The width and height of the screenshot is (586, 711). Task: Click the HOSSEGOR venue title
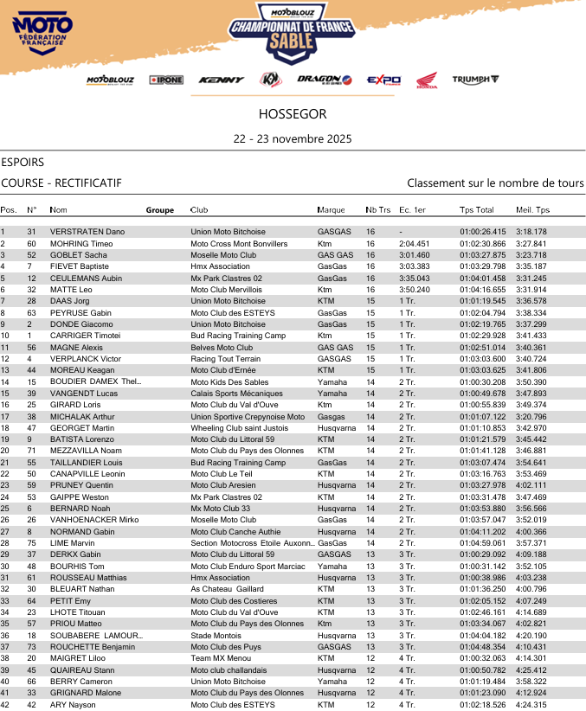click(293, 114)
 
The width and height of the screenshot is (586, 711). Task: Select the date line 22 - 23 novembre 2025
click(293, 138)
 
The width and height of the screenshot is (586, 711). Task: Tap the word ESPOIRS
click(23, 162)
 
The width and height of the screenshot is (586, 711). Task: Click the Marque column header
click(331, 210)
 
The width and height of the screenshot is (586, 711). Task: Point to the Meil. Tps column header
click(532, 210)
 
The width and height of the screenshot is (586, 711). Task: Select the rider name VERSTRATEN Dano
click(87, 232)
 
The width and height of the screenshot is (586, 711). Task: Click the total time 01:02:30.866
click(482, 244)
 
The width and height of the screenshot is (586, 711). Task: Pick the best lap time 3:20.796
click(531, 416)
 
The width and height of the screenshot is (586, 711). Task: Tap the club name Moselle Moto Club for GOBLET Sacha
click(223, 255)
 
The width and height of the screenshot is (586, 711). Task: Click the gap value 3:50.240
click(415, 290)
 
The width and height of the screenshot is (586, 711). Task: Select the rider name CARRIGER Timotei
click(85, 336)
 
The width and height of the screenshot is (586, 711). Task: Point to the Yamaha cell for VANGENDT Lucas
click(332, 393)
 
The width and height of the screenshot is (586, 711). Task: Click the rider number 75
click(31, 542)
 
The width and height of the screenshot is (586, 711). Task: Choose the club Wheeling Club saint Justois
click(240, 427)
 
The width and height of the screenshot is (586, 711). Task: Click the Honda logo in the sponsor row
click(427, 80)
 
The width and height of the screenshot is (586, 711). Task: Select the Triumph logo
click(475, 80)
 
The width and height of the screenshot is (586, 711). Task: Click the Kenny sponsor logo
click(221, 80)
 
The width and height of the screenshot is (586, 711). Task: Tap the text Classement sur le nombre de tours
click(495, 183)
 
